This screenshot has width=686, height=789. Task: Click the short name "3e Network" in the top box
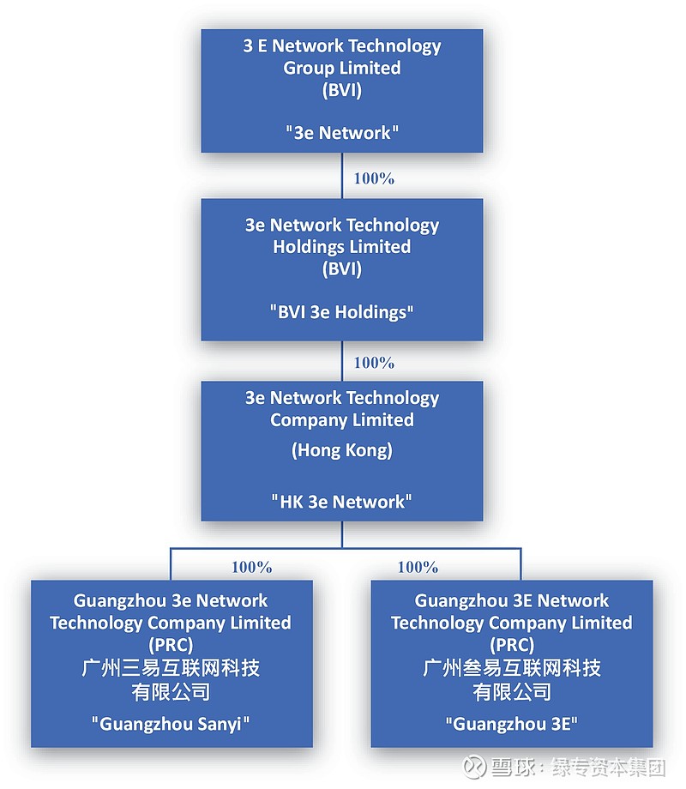coord(342,133)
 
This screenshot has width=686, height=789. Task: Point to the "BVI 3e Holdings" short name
coord(342,312)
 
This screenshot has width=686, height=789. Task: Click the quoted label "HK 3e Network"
coord(342,502)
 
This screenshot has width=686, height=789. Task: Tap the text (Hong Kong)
coord(342,450)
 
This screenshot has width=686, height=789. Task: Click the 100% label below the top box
coord(374,178)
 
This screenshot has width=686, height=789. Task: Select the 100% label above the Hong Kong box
coord(374,362)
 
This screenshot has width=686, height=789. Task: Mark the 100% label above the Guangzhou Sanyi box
coord(251,567)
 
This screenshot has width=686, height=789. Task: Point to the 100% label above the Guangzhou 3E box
coord(418,567)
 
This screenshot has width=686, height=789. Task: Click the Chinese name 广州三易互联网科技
coord(171,668)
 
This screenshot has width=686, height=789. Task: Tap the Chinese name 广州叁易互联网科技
coord(512,668)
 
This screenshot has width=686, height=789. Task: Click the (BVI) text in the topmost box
coord(342,89)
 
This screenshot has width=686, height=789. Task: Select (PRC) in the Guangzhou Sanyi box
coord(171,645)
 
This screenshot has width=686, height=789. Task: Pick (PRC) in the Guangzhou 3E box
coord(512,645)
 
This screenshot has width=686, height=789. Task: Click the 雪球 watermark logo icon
coord(475,765)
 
